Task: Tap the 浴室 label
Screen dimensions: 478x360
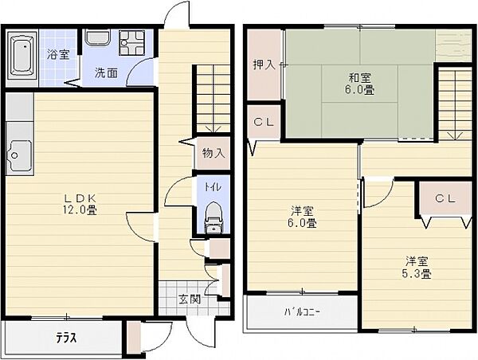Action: pos(58,55)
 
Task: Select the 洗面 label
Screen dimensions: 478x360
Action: pos(106,73)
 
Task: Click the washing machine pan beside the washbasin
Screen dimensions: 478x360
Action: pos(131,42)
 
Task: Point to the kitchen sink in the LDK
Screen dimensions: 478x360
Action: pos(19,155)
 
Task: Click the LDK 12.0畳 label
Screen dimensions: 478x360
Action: pos(80,205)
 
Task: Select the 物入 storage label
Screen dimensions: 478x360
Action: pos(214,154)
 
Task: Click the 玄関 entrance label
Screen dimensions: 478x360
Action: pos(190,299)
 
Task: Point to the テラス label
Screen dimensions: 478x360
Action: pos(66,338)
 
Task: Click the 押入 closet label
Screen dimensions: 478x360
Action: pos(264,65)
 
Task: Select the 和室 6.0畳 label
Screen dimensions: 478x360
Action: pos(360,84)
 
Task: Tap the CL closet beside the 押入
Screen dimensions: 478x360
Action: pos(264,122)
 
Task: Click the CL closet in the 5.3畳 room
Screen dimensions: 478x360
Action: pos(445,199)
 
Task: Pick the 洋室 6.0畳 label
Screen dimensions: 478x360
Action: pos(302,217)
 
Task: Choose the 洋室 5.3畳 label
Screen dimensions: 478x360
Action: pos(417,268)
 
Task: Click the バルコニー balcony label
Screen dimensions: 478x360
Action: pos(302,312)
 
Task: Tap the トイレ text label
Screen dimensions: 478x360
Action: pos(213,187)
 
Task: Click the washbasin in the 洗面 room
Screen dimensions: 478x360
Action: pos(98,37)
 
